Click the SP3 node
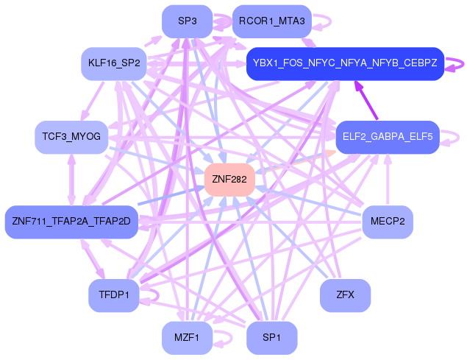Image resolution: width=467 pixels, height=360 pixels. pos(187,21)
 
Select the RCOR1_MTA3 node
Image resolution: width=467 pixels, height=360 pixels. pos(271,21)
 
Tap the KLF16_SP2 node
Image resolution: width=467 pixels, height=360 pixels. pos(114,63)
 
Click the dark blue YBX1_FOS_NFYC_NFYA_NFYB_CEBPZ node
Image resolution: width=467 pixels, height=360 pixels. pos(345,63)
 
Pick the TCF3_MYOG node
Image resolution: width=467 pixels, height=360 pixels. pos(71,137)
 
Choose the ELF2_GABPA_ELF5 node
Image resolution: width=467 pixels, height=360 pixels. pos(388,137)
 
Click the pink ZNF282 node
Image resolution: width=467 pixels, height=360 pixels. pos(229,180)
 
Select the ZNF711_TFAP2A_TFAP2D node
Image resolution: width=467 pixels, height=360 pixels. pos(71,222)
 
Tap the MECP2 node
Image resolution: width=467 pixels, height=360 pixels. pos(388,222)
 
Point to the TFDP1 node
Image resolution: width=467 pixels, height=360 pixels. pos(114,295)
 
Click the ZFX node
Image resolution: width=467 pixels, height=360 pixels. pos(345,295)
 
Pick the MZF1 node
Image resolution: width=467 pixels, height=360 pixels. pos(187,338)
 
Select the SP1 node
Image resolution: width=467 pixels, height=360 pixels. pos(271,338)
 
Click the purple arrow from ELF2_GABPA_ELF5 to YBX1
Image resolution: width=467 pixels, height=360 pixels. pos(366,100)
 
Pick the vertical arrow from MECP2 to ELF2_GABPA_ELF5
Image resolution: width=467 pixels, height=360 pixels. pos(388,180)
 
